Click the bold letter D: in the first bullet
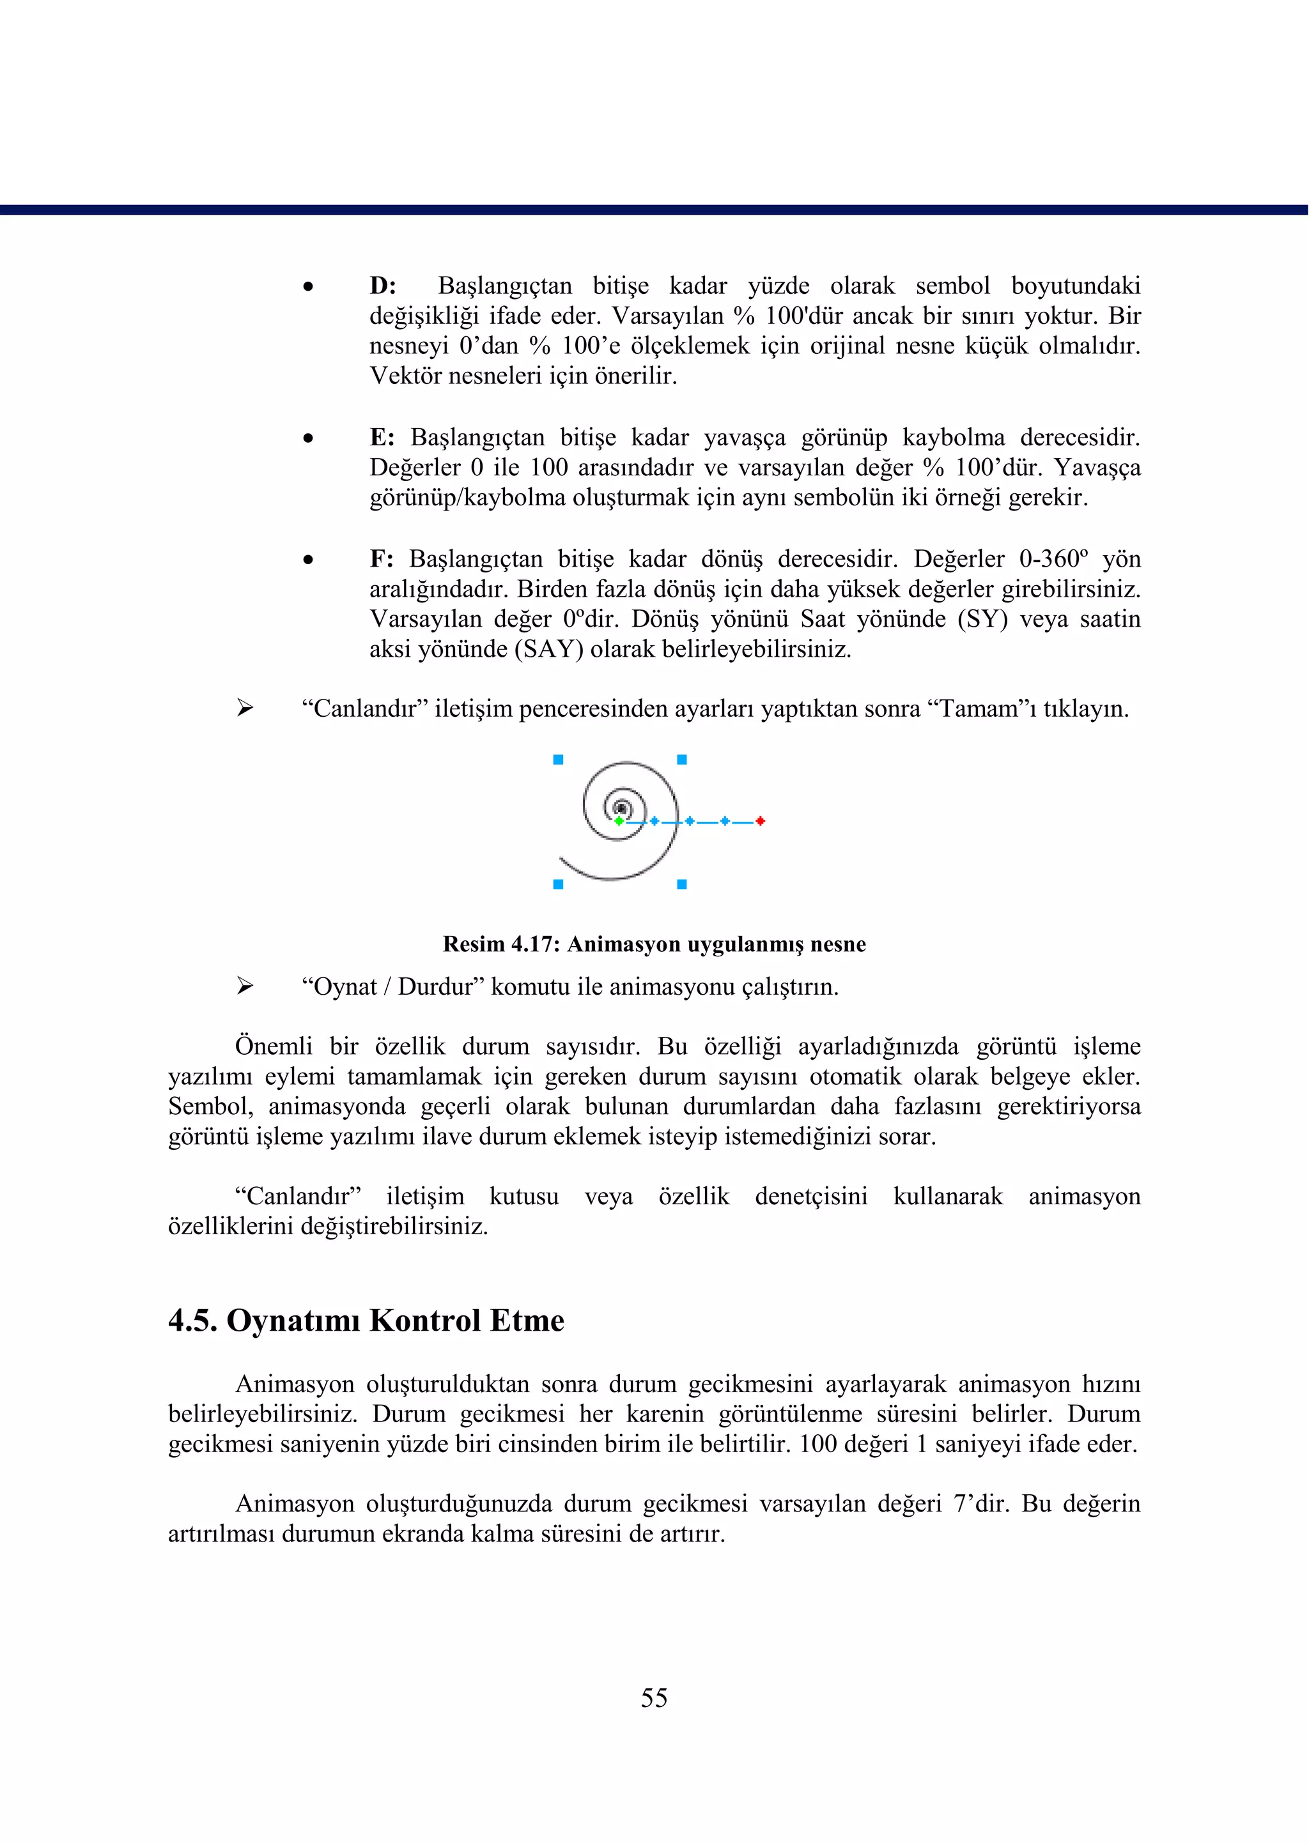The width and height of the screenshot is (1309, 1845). tap(383, 286)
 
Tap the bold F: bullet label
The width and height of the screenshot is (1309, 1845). tap(381, 559)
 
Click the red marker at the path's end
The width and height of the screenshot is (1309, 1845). tap(760, 821)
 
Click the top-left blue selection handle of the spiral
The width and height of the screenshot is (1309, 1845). tap(558, 760)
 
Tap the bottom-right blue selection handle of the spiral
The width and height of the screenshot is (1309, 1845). tap(682, 885)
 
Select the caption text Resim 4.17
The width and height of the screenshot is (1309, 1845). tap(500, 944)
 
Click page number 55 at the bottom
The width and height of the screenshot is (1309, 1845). tap(654, 1697)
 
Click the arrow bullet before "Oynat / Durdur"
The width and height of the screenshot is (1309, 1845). tap(245, 986)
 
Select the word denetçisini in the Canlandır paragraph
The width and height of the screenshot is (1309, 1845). tap(811, 1197)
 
